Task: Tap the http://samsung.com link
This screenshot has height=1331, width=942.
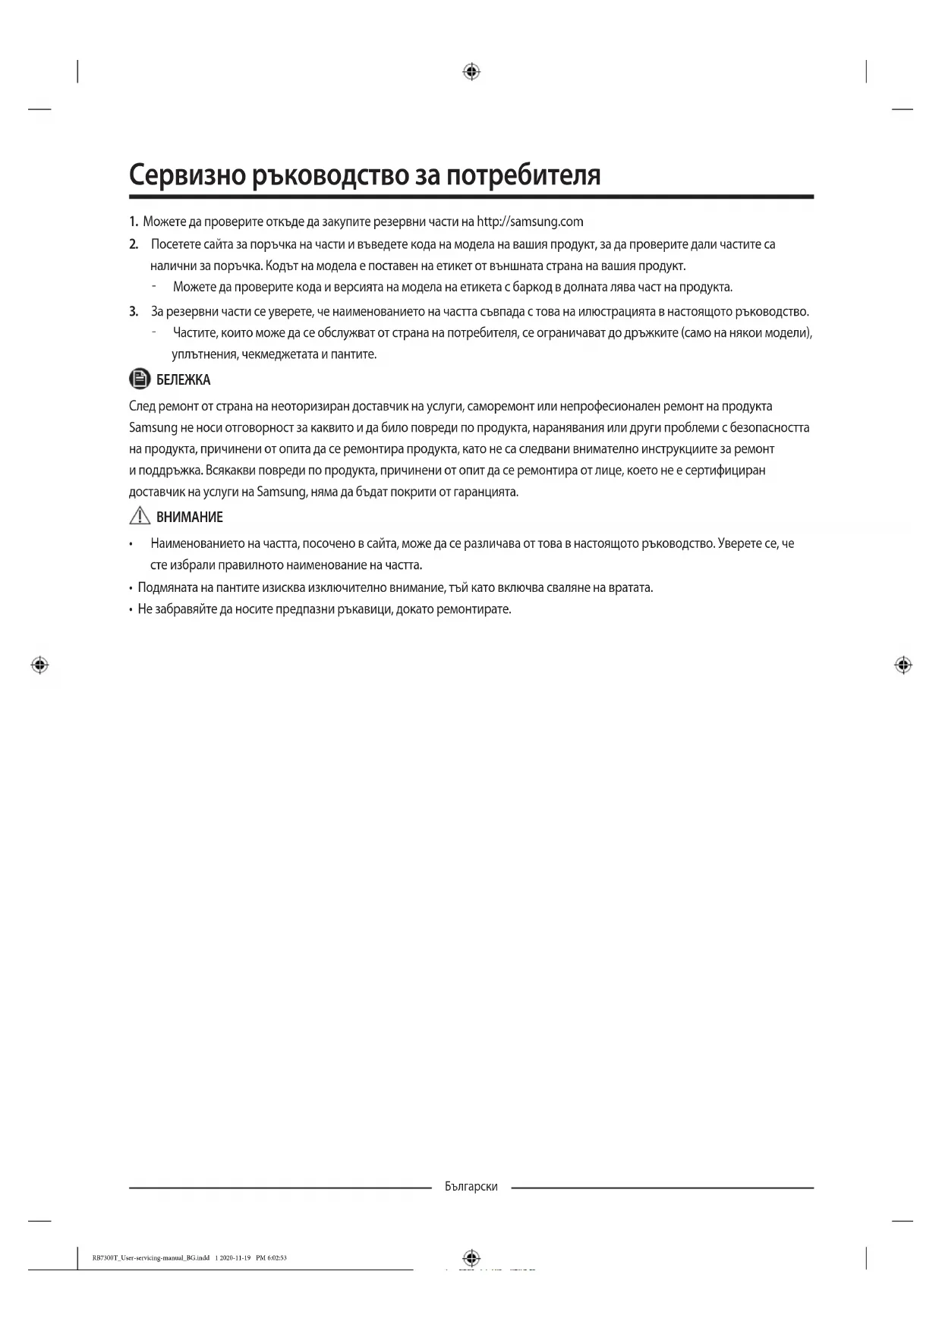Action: click(x=530, y=222)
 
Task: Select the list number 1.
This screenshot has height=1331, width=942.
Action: click(x=133, y=222)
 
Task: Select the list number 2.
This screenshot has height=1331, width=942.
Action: click(x=134, y=244)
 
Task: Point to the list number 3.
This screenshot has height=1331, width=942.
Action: click(x=134, y=311)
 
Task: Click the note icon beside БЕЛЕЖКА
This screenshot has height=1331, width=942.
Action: click(x=139, y=379)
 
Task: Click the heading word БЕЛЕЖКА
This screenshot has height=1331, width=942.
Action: click(x=183, y=379)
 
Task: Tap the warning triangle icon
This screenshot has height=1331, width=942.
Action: click(x=140, y=517)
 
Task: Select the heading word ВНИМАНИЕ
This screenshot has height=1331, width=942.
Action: click(x=189, y=518)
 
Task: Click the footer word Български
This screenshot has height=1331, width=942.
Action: click(x=471, y=1187)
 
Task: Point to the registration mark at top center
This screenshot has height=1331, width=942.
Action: click(x=471, y=72)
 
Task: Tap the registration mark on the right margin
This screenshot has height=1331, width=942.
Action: click(x=903, y=665)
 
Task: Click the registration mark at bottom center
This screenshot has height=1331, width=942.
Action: click(x=471, y=1257)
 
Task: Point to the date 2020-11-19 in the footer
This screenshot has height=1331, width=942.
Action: click(x=235, y=1257)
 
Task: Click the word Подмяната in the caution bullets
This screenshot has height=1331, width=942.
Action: click(x=165, y=587)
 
